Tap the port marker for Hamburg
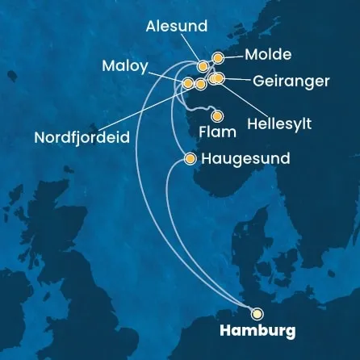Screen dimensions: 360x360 (257, 314)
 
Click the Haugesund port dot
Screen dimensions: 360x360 (190, 159)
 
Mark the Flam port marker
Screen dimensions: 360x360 (216, 113)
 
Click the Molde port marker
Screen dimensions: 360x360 (217, 57)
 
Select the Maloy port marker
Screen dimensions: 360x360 (188, 83)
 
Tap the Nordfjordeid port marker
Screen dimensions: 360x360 (200, 83)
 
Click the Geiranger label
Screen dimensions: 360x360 (289, 81)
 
